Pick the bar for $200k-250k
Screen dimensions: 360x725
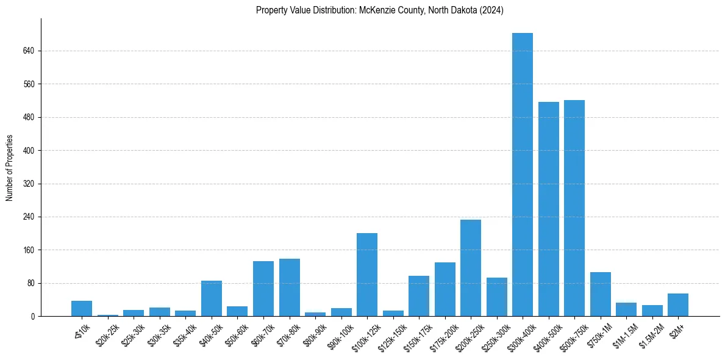[x=470, y=268]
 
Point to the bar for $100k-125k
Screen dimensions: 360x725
[x=366, y=275]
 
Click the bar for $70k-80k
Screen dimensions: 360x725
[x=289, y=287]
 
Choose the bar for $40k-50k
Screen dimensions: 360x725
[x=211, y=298]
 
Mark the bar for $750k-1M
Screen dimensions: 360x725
[x=600, y=294]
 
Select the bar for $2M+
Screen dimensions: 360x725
[x=677, y=304]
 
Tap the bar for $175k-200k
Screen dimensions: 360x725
[x=445, y=289]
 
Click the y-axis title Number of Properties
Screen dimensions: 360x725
[x=10, y=167]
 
